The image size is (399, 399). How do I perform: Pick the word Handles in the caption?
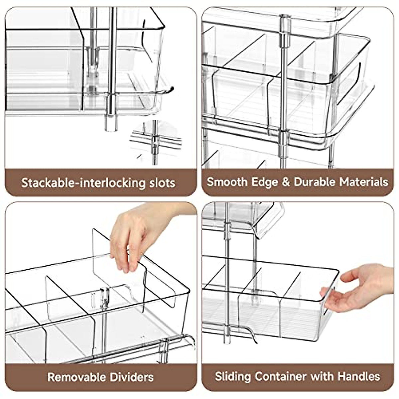coord(359,376)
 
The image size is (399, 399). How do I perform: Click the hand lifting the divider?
coord(140,233)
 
